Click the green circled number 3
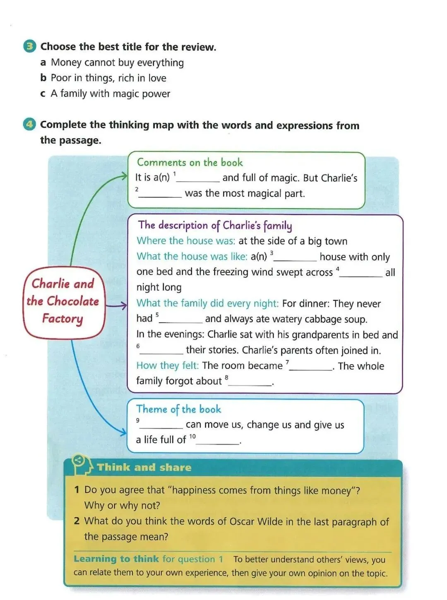click(x=29, y=46)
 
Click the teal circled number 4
click(x=29, y=125)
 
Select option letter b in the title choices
click(x=43, y=78)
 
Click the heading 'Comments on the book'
click(x=190, y=162)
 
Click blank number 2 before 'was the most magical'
click(x=160, y=194)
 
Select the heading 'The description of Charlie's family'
click(x=215, y=226)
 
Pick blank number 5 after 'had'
click(x=181, y=319)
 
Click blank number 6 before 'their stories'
click(x=161, y=351)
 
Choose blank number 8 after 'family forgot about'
click(x=250, y=382)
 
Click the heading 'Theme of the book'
click(x=178, y=409)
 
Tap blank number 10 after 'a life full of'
click(x=218, y=441)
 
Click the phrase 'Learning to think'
click(x=116, y=559)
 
